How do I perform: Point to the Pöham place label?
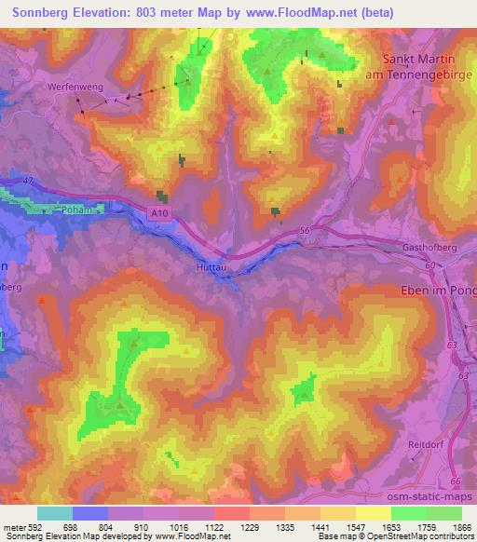71,211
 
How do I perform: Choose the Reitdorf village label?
428,445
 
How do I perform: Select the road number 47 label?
27,180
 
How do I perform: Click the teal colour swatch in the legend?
55,513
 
